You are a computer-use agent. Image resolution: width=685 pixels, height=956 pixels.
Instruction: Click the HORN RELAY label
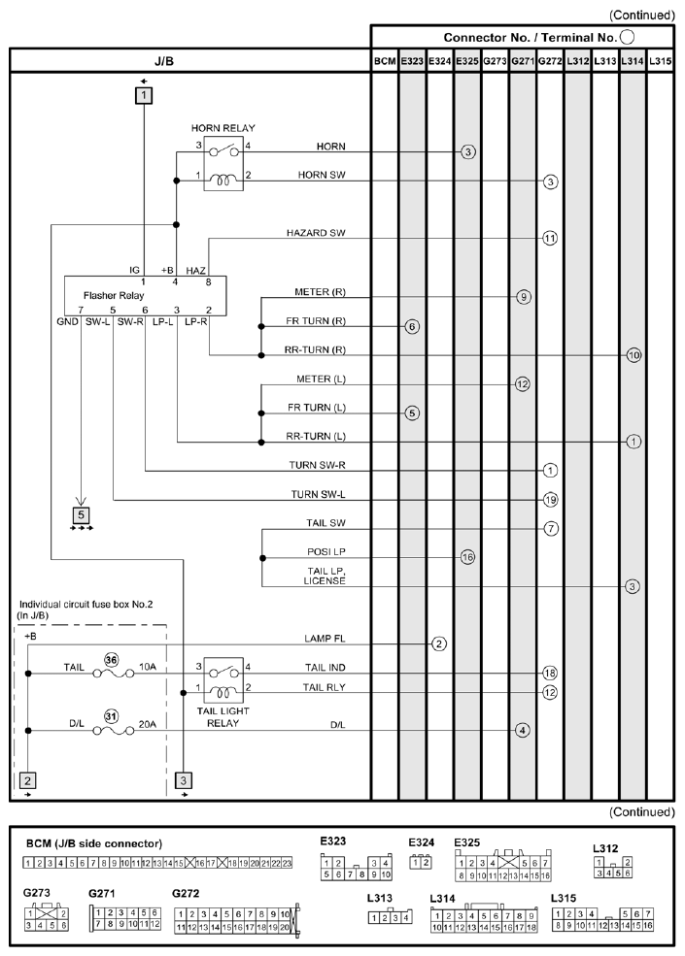[x=223, y=128]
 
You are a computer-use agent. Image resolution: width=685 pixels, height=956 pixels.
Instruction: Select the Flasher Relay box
[x=146, y=296]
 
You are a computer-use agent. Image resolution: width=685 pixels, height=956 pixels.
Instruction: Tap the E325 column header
[x=467, y=61]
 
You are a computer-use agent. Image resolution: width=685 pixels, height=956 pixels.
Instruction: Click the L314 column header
[x=633, y=61]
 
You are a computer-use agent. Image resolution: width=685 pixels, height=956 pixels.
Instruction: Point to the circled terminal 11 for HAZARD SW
[x=550, y=238]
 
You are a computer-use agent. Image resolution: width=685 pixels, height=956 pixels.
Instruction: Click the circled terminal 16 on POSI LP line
[x=467, y=557]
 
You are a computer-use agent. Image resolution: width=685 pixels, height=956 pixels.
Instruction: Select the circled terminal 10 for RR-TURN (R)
[x=634, y=355]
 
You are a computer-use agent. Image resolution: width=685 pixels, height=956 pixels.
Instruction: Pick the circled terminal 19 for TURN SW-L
[x=550, y=500]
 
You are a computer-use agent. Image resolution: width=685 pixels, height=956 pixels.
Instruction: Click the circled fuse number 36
[x=111, y=660]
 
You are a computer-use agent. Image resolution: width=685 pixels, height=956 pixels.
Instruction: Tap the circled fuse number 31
[x=111, y=716]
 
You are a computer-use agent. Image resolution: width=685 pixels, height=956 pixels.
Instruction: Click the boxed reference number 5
[x=81, y=515]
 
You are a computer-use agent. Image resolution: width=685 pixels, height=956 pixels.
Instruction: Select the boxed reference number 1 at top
[x=144, y=96]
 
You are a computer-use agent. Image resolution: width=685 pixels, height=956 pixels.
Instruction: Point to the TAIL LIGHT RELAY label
[x=223, y=717]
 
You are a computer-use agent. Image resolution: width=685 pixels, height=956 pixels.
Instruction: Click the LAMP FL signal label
[x=325, y=639]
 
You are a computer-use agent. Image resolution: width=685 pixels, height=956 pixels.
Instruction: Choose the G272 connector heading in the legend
[x=186, y=893]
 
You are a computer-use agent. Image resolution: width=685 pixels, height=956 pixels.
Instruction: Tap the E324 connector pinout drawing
[x=421, y=863]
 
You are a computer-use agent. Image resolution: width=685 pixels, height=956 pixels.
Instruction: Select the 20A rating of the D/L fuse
[x=147, y=724]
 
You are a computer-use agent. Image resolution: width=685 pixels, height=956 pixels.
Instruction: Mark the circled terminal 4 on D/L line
[x=522, y=730]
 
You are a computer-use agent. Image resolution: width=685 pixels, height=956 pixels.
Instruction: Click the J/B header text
[x=163, y=61]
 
